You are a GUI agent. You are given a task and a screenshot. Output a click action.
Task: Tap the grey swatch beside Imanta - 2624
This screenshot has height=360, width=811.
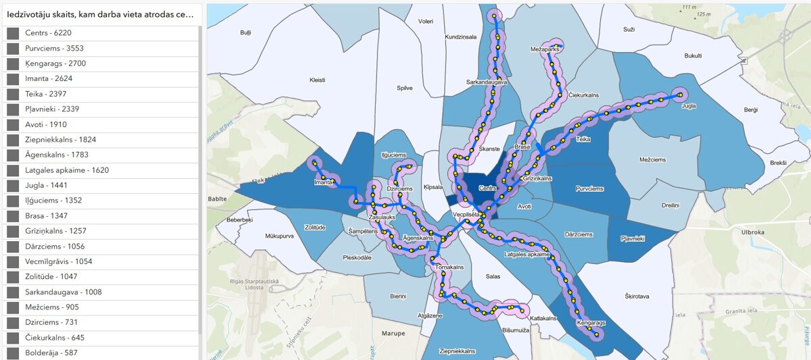click(x=12, y=79)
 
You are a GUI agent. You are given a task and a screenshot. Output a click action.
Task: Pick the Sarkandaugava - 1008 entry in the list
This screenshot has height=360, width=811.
click(x=63, y=292)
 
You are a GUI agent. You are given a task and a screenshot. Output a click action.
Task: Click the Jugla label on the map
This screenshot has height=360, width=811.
click(x=689, y=106)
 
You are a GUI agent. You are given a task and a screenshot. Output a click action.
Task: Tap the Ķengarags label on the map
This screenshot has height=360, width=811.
click(x=591, y=324)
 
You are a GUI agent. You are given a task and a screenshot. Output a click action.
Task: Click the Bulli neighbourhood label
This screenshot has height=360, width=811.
click(x=245, y=32)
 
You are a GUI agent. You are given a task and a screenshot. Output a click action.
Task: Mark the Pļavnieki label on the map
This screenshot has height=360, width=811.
click(x=633, y=238)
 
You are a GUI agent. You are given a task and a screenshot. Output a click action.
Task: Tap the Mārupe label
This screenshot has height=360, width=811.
click(x=393, y=333)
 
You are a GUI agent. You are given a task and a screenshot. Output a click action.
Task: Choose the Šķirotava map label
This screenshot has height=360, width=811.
click(x=637, y=296)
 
